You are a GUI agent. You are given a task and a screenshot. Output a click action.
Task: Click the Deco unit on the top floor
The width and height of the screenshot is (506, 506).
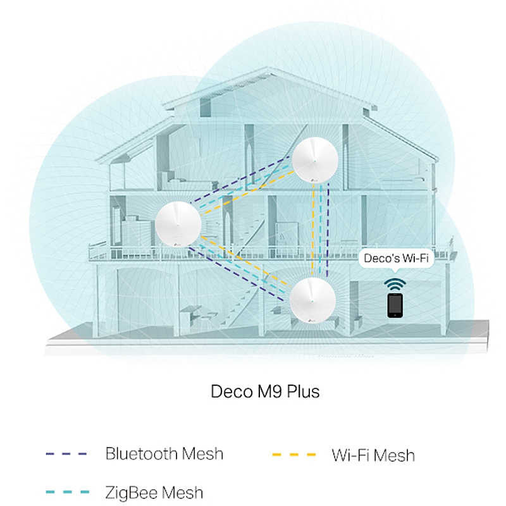click(x=314, y=159)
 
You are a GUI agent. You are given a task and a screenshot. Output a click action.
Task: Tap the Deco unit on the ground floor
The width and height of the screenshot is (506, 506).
click(x=312, y=301)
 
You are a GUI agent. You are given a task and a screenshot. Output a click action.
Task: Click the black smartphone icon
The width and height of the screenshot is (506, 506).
click(x=395, y=305)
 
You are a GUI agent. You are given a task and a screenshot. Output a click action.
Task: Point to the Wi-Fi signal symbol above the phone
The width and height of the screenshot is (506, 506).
click(x=395, y=282)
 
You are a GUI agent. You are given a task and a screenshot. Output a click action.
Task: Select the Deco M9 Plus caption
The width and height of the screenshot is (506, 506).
click(x=265, y=392)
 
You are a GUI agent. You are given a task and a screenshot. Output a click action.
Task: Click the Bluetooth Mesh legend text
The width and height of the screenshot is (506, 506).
click(x=164, y=454)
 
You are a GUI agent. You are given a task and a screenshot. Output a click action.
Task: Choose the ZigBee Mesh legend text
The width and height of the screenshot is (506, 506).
click(x=154, y=492)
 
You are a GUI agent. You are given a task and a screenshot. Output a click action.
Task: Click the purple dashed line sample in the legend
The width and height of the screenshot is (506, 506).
click(x=66, y=454)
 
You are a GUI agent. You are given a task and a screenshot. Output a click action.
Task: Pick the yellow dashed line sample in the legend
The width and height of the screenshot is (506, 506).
click(x=292, y=454)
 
